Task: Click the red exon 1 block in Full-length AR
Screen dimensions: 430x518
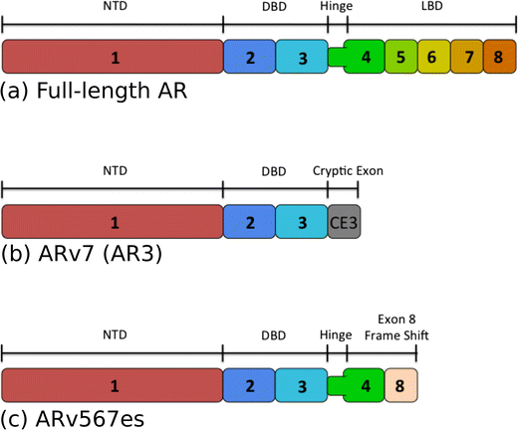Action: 114,57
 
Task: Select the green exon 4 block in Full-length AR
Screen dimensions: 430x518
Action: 366,57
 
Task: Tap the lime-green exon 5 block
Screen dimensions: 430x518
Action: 400,57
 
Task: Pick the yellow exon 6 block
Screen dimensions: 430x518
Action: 433,57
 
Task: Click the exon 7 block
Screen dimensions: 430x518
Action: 466,57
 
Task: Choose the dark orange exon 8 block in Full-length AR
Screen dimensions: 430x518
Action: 499,57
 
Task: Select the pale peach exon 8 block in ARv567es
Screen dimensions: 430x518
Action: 401,384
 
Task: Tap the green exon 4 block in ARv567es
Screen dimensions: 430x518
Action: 366,384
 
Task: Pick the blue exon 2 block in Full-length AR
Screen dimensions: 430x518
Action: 250,57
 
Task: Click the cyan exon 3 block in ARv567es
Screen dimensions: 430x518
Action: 302,384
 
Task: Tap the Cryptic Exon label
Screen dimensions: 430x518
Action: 348,170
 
